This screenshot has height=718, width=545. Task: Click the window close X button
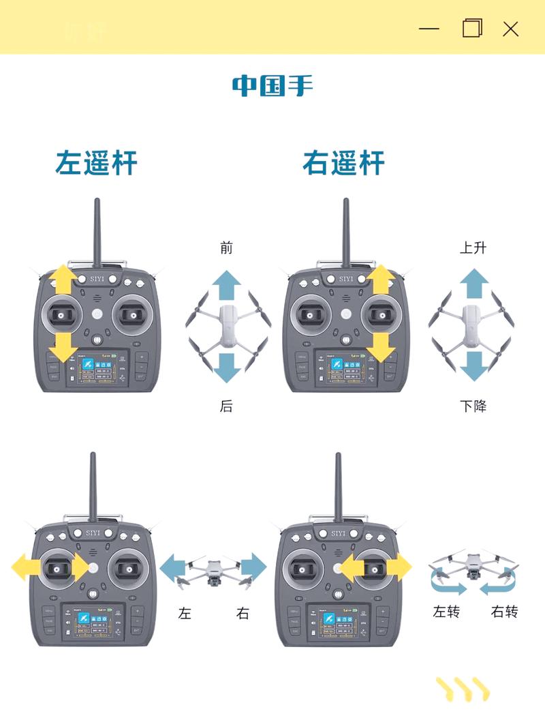[510, 29]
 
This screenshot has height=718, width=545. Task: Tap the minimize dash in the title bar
[429, 29]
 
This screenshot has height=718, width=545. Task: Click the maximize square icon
[471, 28]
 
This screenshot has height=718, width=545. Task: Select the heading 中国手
[272, 86]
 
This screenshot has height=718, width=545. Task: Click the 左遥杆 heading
[96, 164]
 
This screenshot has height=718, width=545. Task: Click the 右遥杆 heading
[343, 164]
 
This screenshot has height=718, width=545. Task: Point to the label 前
[226, 248]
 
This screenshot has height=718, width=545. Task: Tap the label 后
[226, 406]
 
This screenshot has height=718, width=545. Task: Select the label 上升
[473, 248]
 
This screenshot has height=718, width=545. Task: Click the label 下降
[473, 406]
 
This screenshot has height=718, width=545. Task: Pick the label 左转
[446, 612]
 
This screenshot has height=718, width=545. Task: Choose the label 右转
[504, 612]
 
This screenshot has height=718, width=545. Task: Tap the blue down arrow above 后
[226, 365]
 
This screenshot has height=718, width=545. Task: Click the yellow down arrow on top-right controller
[381, 348]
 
